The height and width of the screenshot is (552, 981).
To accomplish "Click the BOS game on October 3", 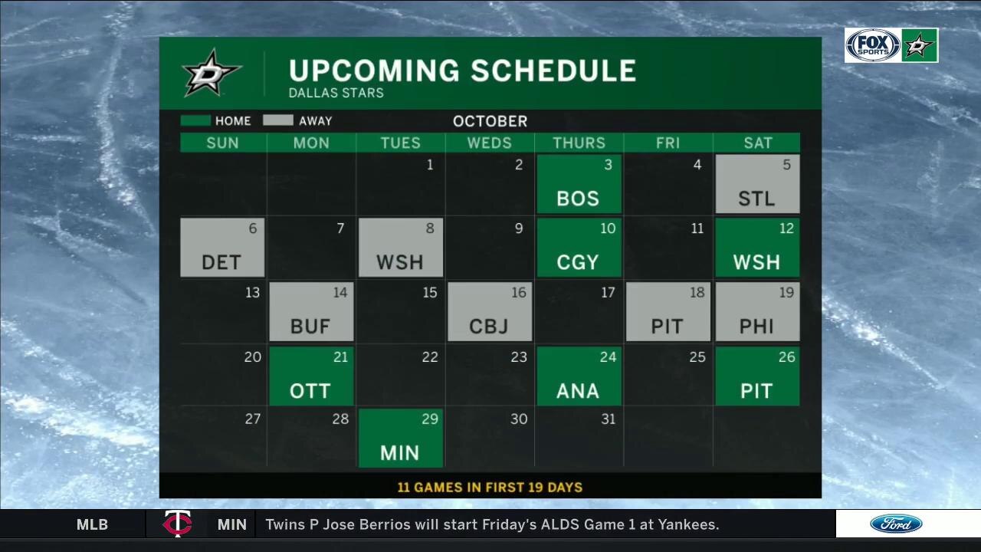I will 579,184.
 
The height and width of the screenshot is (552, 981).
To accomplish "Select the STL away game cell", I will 757,184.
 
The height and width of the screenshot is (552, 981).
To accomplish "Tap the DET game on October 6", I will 222,248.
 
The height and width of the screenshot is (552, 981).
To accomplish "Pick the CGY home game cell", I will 579,248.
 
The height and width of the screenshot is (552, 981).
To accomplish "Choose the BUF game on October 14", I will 311,312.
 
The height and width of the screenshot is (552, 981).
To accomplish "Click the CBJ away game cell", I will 489,312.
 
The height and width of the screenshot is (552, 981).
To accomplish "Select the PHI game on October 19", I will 757,312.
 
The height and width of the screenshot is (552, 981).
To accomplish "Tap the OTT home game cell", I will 311,376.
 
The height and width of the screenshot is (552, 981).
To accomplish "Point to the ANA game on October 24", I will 579,376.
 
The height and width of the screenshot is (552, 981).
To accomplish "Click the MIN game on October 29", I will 400,439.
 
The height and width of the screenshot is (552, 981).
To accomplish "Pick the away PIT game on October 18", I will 668,312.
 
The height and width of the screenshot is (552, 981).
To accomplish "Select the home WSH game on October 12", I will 757,248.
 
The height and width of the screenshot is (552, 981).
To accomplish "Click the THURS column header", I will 579,143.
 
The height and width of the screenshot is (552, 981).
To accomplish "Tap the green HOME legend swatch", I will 195,120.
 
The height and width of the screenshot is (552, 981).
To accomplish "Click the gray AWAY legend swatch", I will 278,120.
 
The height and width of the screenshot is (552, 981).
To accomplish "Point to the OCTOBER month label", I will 490,121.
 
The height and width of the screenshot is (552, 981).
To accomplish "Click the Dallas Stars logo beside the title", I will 212,73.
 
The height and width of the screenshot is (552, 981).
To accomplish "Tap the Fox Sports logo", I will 872,45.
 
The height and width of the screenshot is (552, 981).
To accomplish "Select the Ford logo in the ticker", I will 896,524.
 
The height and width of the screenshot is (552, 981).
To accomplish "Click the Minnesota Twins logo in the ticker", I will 177,524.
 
